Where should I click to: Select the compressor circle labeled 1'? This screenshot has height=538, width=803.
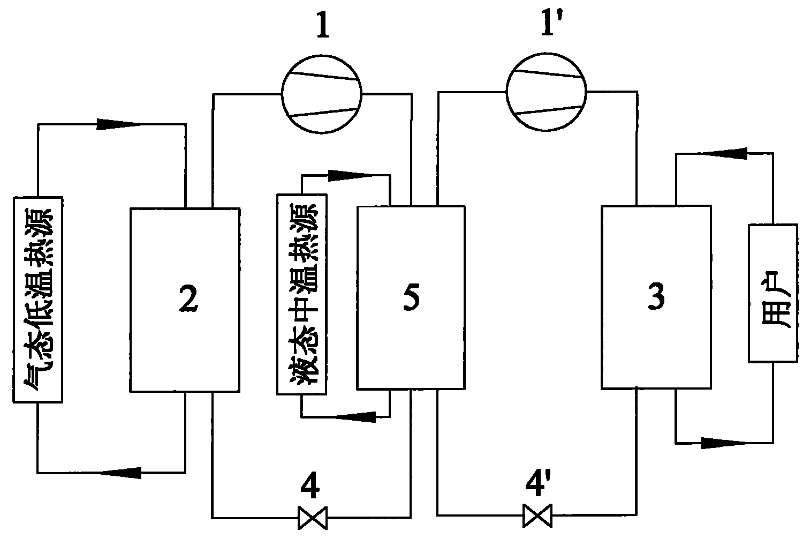click(546, 92)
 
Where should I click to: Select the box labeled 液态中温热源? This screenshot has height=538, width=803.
click(301, 294)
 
